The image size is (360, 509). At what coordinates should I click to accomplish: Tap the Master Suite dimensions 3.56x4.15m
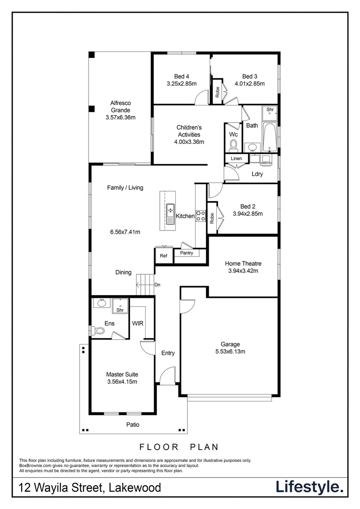pos(122,382)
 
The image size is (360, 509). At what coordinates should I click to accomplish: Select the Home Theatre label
pos(243,263)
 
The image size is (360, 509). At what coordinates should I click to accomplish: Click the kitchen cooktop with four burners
pos(200,216)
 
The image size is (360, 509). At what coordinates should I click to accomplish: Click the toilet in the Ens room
pos(98,331)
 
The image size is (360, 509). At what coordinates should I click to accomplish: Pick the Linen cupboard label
pos(236,158)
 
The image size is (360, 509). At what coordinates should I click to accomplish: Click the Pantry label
pos(190,253)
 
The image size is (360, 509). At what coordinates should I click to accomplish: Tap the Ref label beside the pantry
pos(164,256)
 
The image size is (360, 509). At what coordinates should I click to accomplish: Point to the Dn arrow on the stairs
pos(146,285)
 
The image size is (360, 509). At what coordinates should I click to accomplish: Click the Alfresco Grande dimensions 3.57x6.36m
pos(120,117)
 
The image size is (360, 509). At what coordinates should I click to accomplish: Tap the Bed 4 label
pos(181,76)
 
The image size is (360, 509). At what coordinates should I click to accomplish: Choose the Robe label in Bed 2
pos(212,218)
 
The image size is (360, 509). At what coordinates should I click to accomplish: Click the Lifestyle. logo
pos(310,487)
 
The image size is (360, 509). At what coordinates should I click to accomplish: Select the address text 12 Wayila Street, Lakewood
pos(90,487)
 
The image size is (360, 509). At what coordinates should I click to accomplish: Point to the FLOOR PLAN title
pos(179,446)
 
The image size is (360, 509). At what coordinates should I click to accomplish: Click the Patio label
pos(132,425)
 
